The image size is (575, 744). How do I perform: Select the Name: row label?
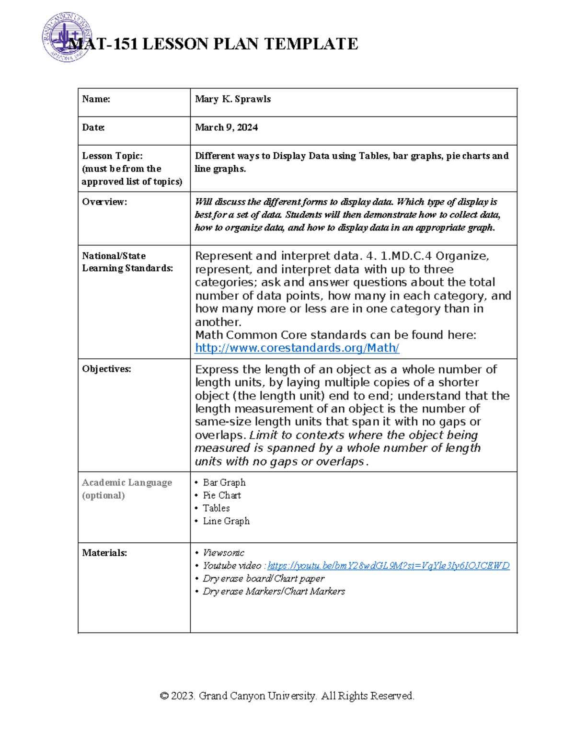pos(96,99)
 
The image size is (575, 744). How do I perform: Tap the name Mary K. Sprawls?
pos(233,99)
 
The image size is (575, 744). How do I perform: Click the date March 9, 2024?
pos(226,127)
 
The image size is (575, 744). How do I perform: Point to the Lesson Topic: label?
pos(112,156)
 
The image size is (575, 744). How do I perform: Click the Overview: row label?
pos(104,202)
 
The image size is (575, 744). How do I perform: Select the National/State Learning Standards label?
pos(127,262)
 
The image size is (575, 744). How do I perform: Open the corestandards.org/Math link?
pos(297,348)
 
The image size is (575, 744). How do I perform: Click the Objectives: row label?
pos(106,369)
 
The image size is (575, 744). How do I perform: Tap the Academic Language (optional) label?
pos(126,489)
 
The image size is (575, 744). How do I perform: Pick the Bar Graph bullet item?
pos(224,482)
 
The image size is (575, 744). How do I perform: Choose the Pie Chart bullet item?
pos(222,495)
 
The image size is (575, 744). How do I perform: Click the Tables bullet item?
pos(216,508)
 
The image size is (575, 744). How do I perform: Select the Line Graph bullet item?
pos(226,521)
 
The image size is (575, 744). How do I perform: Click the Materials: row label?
pos(104,553)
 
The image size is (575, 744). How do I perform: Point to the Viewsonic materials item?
pos(223,553)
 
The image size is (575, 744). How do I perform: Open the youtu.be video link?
pos(388,566)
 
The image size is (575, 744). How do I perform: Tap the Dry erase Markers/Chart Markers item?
pos(274,592)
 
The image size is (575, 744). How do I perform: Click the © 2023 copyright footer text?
pos(287,696)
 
